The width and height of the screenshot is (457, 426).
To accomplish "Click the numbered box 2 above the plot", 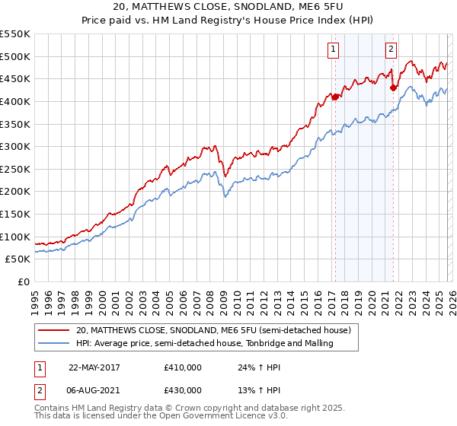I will (391, 50).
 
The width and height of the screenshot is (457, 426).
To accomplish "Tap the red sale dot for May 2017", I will (335, 97).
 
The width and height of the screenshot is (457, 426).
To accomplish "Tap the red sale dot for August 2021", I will (393, 87).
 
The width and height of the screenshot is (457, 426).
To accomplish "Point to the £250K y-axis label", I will (15, 169).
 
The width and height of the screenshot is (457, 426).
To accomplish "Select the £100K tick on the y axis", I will (15, 237).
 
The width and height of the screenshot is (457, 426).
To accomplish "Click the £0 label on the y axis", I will (23, 281).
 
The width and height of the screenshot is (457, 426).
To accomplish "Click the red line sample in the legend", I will (54, 331).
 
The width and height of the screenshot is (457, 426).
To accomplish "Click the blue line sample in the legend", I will (54, 344).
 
